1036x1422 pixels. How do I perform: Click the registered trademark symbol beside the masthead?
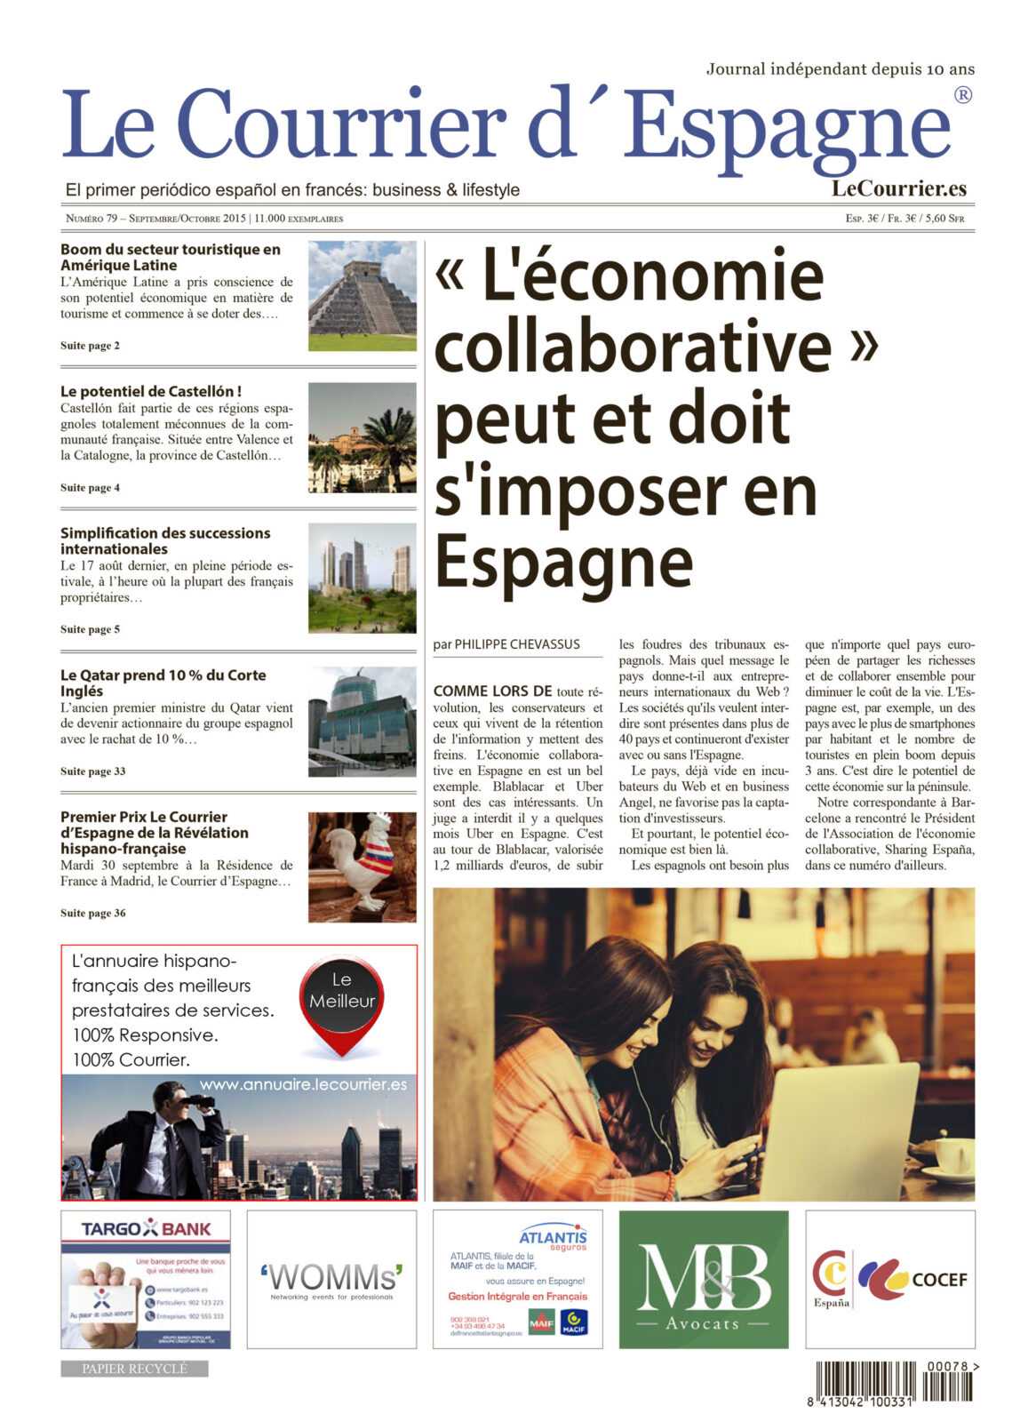[x=962, y=95]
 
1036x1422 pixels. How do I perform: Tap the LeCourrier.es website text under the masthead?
[x=898, y=188]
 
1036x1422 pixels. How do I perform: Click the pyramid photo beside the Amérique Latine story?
[x=362, y=295]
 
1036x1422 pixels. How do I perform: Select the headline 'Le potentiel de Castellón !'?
[x=151, y=391]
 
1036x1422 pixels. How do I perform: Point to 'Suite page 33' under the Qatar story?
[x=92, y=771]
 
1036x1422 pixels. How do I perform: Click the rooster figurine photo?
[x=362, y=867]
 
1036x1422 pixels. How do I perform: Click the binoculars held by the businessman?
[x=203, y=1101]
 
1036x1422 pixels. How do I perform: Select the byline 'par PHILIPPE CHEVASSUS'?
[x=506, y=644]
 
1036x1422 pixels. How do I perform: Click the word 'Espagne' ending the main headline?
[x=563, y=562]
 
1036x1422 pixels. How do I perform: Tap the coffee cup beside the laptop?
[x=952, y=1155]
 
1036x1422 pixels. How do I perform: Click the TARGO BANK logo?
[x=146, y=1229]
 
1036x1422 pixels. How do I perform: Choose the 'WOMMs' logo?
[x=331, y=1278]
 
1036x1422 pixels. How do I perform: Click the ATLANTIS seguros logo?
[x=553, y=1238]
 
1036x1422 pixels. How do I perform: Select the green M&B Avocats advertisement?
[x=703, y=1278]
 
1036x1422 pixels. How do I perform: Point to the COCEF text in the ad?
[x=939, y=1280]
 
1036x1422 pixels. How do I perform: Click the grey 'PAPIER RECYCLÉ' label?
[x=134, y=1369]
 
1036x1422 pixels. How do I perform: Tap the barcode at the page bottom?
[x=893, y=1382]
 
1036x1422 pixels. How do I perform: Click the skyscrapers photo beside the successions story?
[x=362, y=578]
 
